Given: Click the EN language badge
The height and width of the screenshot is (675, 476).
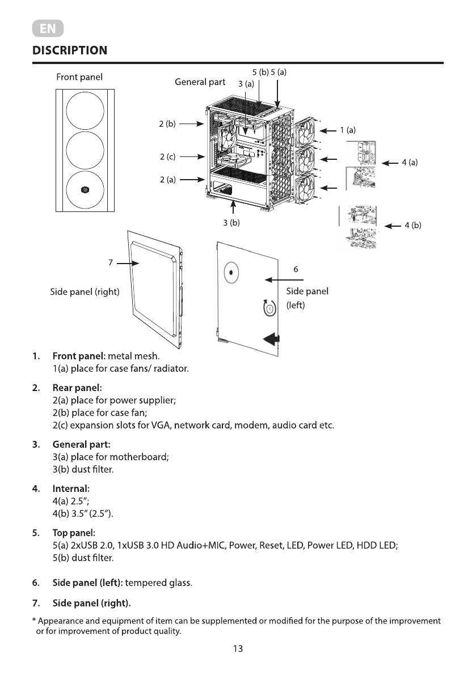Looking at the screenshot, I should (x=48, y=28).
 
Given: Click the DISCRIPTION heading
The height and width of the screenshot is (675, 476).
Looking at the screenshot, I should (x=70, y=50).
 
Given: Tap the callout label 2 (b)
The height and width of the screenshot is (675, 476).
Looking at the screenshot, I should (x=167, y=123).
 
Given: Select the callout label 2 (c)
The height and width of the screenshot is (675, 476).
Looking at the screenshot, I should (x=167, y=156).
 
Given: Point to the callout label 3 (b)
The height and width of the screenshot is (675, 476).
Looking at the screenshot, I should (x=231, y=223).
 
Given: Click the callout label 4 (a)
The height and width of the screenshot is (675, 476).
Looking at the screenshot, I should (x=410, y=163).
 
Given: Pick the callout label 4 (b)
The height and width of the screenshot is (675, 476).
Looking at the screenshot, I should (x=412, y=226).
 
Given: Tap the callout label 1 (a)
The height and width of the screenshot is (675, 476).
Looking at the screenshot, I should (x=348, y=130).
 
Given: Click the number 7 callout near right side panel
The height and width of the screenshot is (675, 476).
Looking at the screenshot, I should (x=111, y=263).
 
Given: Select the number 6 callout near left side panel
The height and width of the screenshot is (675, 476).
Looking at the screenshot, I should (x=296, y=269).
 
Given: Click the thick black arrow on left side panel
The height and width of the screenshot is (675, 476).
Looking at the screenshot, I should (x=272, y=339).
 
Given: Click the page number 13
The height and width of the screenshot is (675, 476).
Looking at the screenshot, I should (x=238, y=649).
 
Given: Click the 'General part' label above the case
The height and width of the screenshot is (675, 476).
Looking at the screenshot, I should (x=200, y=82).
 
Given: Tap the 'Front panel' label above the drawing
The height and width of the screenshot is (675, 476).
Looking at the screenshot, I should (x=79, y=77).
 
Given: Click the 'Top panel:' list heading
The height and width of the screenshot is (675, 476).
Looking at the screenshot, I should (x=74, y=533).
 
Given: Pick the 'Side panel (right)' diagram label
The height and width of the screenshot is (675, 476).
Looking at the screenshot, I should (x=85, y=292).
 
